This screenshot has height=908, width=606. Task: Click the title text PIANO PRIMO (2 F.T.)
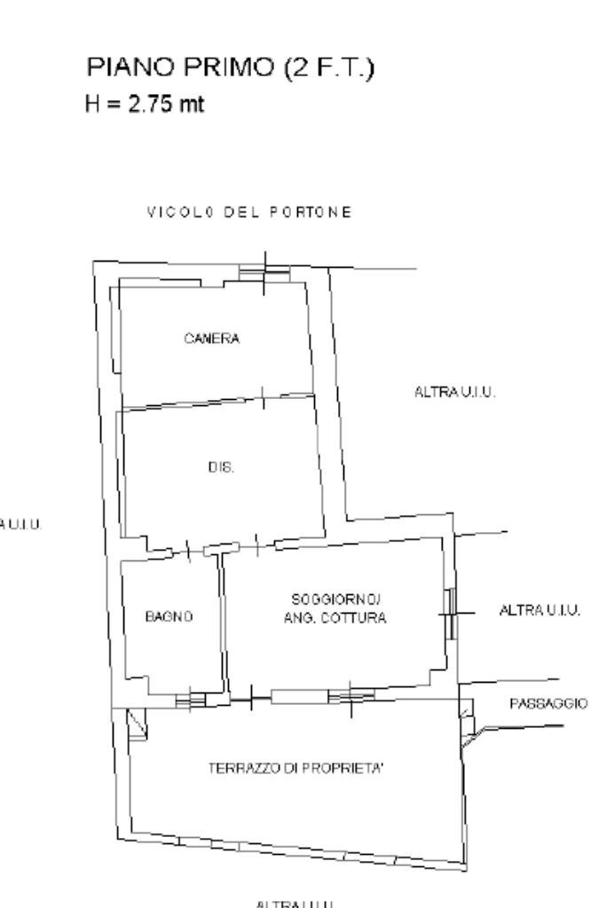[229, 67]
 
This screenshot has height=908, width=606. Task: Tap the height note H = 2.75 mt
[145, 104]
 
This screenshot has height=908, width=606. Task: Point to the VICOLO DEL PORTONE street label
[249, 212]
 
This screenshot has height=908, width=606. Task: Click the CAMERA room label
[212, 338]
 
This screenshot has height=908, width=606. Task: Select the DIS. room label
[221, 467]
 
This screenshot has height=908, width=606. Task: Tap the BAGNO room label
[169, 615]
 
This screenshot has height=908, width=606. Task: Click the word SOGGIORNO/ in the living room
[334, 600]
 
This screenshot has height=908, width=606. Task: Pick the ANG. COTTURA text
[334, 618]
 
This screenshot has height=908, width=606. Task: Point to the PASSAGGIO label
[547, 703]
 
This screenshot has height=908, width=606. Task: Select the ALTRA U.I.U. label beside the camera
[454, 391]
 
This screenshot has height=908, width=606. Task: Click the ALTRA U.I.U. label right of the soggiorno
[539, 610]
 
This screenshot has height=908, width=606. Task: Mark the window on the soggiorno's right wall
[451, 613]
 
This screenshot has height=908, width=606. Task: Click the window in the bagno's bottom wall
[190, 701]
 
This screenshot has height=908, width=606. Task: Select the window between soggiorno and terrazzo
[350, 696]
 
